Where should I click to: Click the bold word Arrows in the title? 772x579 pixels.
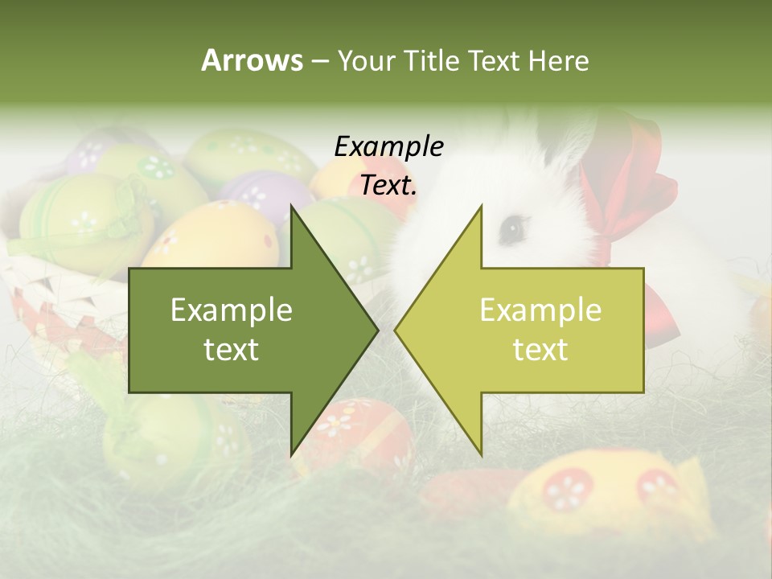pos(251,60)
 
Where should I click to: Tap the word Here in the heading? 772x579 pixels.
pos(558,60)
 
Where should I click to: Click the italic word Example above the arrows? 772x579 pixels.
pos(388,147)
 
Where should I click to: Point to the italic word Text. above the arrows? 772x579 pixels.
pos(388,186)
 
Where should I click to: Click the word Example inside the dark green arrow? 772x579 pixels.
pos(232,310)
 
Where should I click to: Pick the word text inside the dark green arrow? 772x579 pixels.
pos(232,350)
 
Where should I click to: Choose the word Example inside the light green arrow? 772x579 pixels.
pos(540,310)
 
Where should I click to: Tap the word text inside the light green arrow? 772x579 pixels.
pos(540,350)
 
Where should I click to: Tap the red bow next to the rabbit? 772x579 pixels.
pos(635,193)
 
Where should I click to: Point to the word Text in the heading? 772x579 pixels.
pos(493,60)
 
